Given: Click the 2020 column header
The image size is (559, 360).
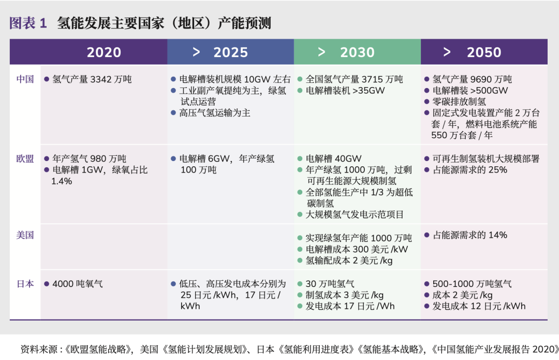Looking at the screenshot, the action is tap(104, 52).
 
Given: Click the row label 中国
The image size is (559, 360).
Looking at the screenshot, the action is tap(25, 79).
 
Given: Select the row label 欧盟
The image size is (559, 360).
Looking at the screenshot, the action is tap(25, 159).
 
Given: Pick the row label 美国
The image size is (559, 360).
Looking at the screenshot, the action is tap(25, 235).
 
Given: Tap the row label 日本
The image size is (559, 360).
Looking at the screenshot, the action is tap(25, 284).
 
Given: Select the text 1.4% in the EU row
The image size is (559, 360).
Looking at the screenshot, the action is tap(62, 181).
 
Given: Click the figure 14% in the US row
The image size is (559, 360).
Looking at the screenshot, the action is tap(498, 235).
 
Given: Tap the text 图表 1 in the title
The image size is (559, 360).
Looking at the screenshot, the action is tap(28, 23).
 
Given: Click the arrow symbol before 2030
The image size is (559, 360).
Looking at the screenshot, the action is tap(321, 52).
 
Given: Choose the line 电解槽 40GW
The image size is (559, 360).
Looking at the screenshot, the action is tap(334, 159).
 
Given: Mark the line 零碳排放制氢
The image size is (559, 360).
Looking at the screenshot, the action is tap(459, 102).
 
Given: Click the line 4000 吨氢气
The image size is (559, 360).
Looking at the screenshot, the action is tap(78, 284).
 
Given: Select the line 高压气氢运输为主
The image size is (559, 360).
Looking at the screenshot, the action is tap(215, 113).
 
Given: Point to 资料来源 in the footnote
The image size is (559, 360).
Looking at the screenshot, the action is tap(39, 349).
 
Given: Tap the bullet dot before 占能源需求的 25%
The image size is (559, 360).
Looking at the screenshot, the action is tap(426, 170).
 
